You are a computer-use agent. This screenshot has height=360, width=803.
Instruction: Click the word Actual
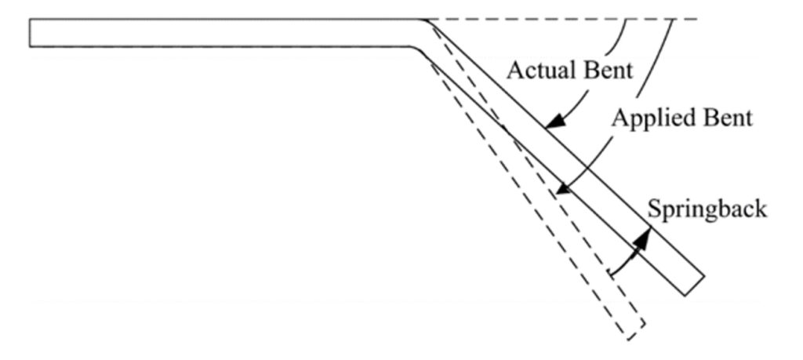(x=535, y=70)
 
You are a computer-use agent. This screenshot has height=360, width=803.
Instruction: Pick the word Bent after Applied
(x=725, y=118)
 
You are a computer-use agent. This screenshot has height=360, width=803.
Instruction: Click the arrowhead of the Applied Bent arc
(x=558, y=191)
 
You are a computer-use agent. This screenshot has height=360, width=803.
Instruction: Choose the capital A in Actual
(x=514, y=70)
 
